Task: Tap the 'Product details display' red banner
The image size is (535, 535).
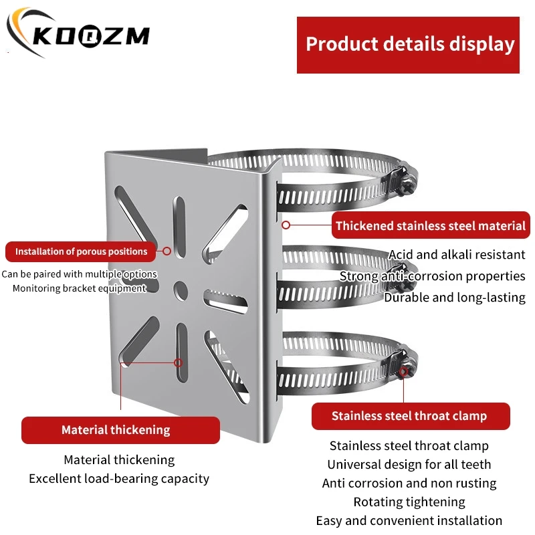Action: tap(409, 44)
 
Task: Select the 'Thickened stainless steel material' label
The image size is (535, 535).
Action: tap(431, 225)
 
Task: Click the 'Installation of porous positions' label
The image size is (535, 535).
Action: tap(81, 251)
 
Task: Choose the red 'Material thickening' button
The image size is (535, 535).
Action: tap(120, 430)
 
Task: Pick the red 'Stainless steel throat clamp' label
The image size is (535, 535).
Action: tap(410, 416)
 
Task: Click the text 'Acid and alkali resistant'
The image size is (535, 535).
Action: tap(457, 254)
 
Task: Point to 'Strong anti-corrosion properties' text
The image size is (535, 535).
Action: tap(432, 276)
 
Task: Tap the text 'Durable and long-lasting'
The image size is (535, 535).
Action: tap(455, 297)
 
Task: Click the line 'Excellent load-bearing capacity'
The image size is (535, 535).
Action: tap(119, 479)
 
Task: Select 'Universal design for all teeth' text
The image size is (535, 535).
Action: tap(409, 464)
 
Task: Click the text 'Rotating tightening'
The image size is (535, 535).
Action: tap(409, 502)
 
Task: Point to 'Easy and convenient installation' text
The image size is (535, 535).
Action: tap(409, 520)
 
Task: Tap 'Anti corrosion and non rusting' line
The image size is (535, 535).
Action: tap(409, 483)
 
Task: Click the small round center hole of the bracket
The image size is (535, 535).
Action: tap(181, 288)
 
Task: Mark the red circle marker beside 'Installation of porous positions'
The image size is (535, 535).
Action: tap(167, 252)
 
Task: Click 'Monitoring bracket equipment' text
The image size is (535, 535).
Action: tap(79, 288)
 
